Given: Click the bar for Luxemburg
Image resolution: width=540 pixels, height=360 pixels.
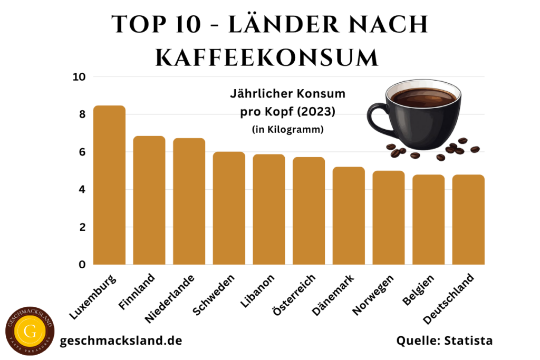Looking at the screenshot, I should [x=109, y=185].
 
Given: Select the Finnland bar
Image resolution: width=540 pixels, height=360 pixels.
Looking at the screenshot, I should [x=149, y=200].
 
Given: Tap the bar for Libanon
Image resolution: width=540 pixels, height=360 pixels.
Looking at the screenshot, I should [x=269, y=209].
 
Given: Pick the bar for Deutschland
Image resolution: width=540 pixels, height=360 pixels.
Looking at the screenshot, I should [x=468, y=219].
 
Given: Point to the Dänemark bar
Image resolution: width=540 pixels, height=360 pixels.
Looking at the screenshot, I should [x=349, y=216].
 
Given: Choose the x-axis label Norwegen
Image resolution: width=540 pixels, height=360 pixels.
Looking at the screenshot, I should [x=372, y=295].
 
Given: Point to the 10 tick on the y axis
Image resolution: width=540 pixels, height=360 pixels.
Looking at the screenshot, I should [x=79, y=77].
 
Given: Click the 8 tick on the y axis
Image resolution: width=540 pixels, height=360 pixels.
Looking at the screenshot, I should [x=82, y=114].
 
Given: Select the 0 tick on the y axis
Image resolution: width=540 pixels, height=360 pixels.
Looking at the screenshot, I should [x=82, y=265].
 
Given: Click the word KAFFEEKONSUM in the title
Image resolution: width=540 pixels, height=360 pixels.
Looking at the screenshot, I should [x=267, y=57].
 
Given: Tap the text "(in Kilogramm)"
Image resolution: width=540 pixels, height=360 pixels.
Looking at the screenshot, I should [x=287, y=129].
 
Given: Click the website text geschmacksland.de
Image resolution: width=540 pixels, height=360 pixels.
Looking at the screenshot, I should [x=121, y=340].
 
